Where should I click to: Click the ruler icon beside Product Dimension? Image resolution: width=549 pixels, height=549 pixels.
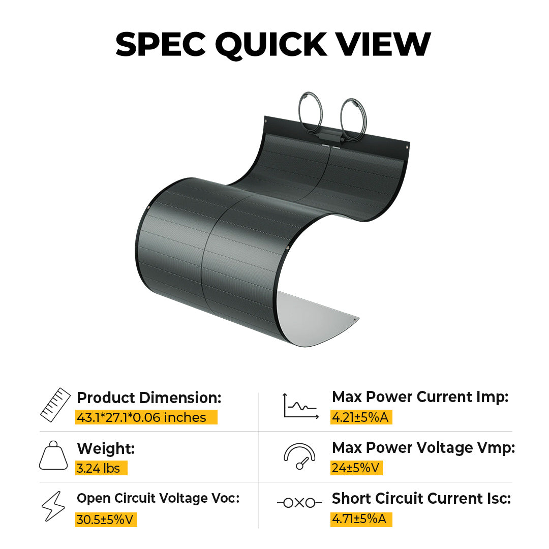[x=55, y=405]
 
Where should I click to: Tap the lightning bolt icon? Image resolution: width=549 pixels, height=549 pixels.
[x=53, y=506]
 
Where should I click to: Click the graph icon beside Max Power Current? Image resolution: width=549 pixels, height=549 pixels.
[x=300, y=406]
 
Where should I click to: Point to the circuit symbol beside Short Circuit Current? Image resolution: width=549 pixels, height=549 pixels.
[x=299, y=503]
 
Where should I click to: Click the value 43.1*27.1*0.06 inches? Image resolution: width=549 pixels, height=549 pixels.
[x=142, y=418]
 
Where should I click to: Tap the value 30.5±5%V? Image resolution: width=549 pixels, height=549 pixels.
[x=106, y=520]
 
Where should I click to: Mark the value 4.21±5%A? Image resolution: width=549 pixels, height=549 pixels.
[x=360, y=417]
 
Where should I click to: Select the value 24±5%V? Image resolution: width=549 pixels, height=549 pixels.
[x=356, y=468]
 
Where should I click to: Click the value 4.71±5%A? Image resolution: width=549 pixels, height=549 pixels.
[x=360, y=519]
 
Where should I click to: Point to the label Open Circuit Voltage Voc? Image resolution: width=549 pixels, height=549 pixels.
[x=158, y=499]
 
